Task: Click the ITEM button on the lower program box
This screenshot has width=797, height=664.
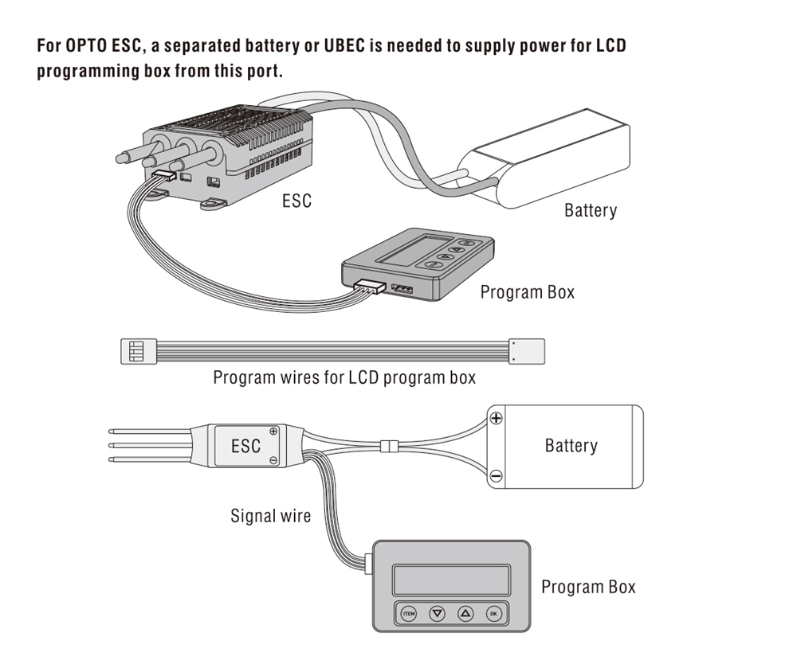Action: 408,613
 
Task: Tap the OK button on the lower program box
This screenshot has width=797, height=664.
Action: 494,613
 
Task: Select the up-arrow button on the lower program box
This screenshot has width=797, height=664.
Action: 465,613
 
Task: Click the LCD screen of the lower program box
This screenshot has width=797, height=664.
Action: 451,578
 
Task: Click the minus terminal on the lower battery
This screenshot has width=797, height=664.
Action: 496,476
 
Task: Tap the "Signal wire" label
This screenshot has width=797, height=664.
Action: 270,516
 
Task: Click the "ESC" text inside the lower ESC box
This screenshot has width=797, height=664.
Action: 245,446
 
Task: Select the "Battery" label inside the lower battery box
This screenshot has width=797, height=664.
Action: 571,445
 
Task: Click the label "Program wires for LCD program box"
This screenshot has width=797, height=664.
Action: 344,377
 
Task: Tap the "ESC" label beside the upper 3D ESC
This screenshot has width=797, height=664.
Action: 296,201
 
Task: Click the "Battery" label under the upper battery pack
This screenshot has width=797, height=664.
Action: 590,211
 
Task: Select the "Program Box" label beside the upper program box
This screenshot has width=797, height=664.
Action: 527,292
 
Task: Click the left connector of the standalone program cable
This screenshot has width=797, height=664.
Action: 136,350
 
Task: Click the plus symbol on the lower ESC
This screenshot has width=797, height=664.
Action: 274,432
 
